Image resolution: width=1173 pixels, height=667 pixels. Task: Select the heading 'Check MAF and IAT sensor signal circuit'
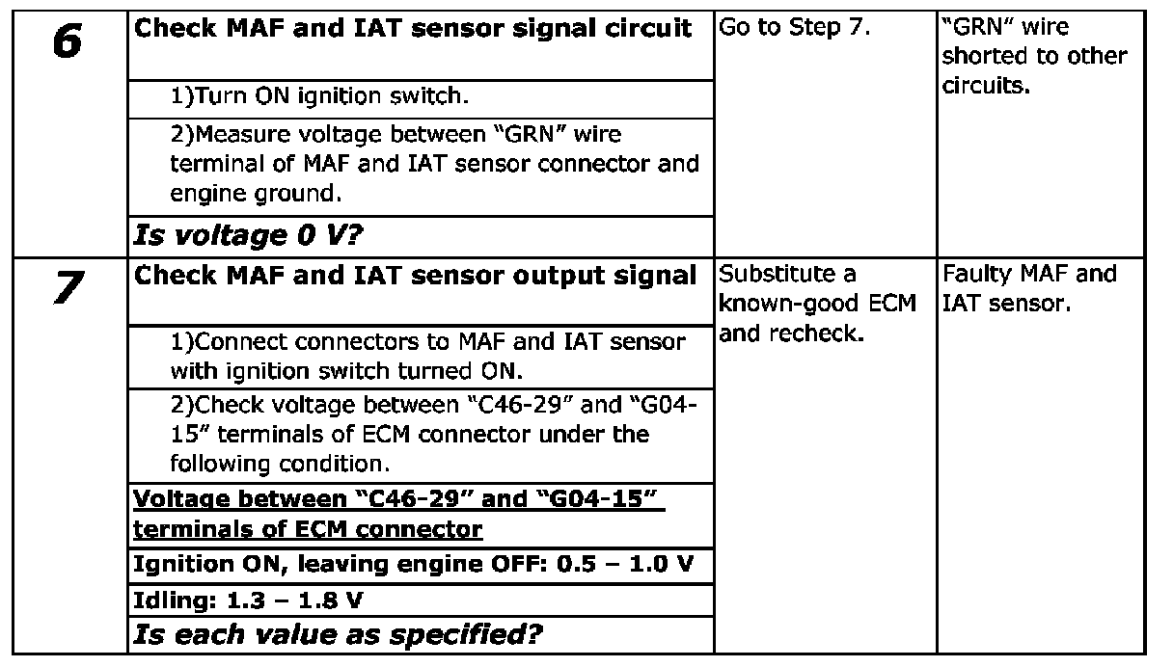point(413,29)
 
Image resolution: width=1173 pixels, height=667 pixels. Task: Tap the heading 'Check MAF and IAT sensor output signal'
point(415,276)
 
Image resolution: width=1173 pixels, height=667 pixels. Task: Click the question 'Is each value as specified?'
point(337,635)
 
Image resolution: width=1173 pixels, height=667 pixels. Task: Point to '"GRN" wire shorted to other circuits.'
point(1033,56)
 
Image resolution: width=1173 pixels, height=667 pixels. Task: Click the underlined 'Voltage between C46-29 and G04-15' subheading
point(398,515)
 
